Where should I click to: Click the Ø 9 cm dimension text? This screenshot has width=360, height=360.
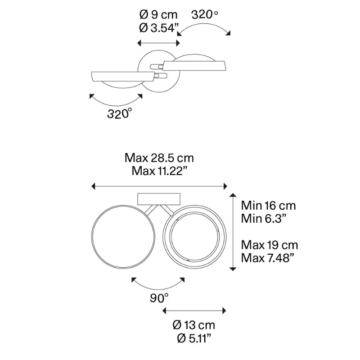pyautogui.click(x=158, y=15)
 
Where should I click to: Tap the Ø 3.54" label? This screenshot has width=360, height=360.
pyautogui.click(x=159, y=28)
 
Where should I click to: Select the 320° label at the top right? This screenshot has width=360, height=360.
pyautogui.click(x=205, y=15)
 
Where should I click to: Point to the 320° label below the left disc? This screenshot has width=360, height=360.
pyautogui.click(x=120, y=113)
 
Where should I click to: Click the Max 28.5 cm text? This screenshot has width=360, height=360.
pyautogui.click(x=159, y=158)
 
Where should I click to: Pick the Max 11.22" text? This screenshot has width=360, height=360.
pyautogui.click(x=160, y=171)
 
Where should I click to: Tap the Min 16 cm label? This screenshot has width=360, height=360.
pyautogui.click(x=268, y=206)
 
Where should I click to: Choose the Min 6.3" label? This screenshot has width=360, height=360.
pyautogui.click(x=264, y=219)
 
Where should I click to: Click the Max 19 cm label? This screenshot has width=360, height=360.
pyautogui.click(x=270, y=245)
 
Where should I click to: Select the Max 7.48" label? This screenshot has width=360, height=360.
pyautogui.click(x=267, y=258)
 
